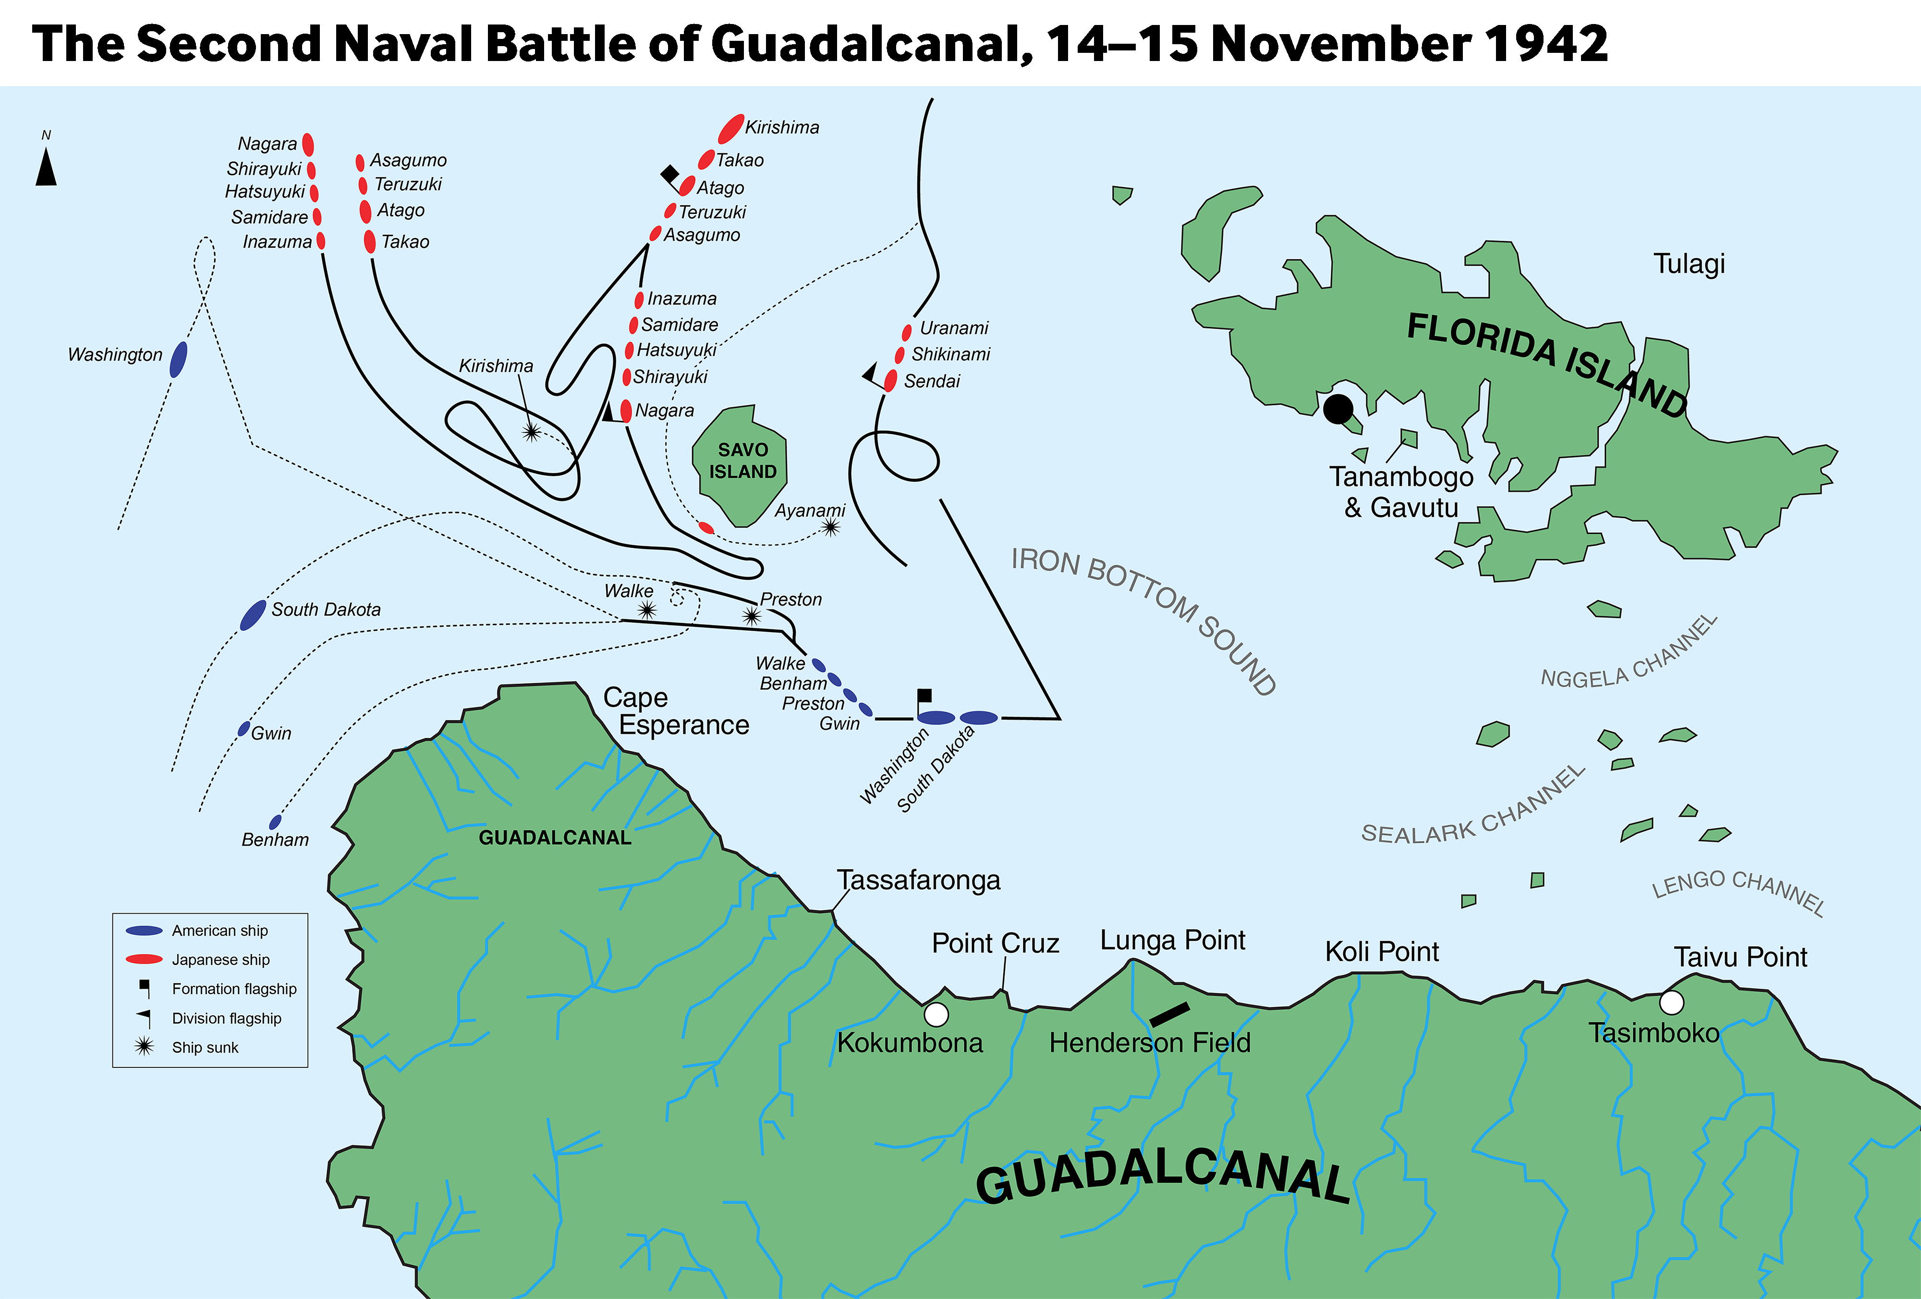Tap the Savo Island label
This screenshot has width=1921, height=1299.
click(x=742, y=461)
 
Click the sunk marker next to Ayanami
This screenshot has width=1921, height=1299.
click(x=831, y=527)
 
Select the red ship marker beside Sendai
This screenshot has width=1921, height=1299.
click(x=890, y=380)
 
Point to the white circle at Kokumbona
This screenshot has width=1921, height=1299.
click(x=936, y=1014)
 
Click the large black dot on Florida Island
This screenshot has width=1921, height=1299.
click(x=1337, y=408)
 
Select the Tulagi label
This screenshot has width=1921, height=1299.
click(x=1689, y=264)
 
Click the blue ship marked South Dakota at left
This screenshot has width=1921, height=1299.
click(x=253, y=615)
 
